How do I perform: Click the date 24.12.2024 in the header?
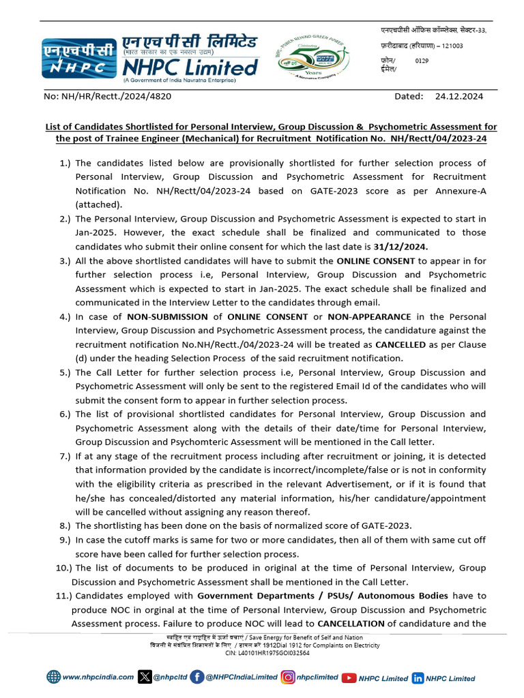[458, 96]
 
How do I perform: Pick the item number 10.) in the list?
[62, 568]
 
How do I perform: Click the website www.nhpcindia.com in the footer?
[98, 678]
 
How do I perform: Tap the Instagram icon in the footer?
[288, 678]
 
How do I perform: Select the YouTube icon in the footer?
[349, 678]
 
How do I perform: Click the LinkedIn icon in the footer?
[418, 678]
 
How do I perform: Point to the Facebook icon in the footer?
[197, 678]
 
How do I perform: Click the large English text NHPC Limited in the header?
[190, 67]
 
